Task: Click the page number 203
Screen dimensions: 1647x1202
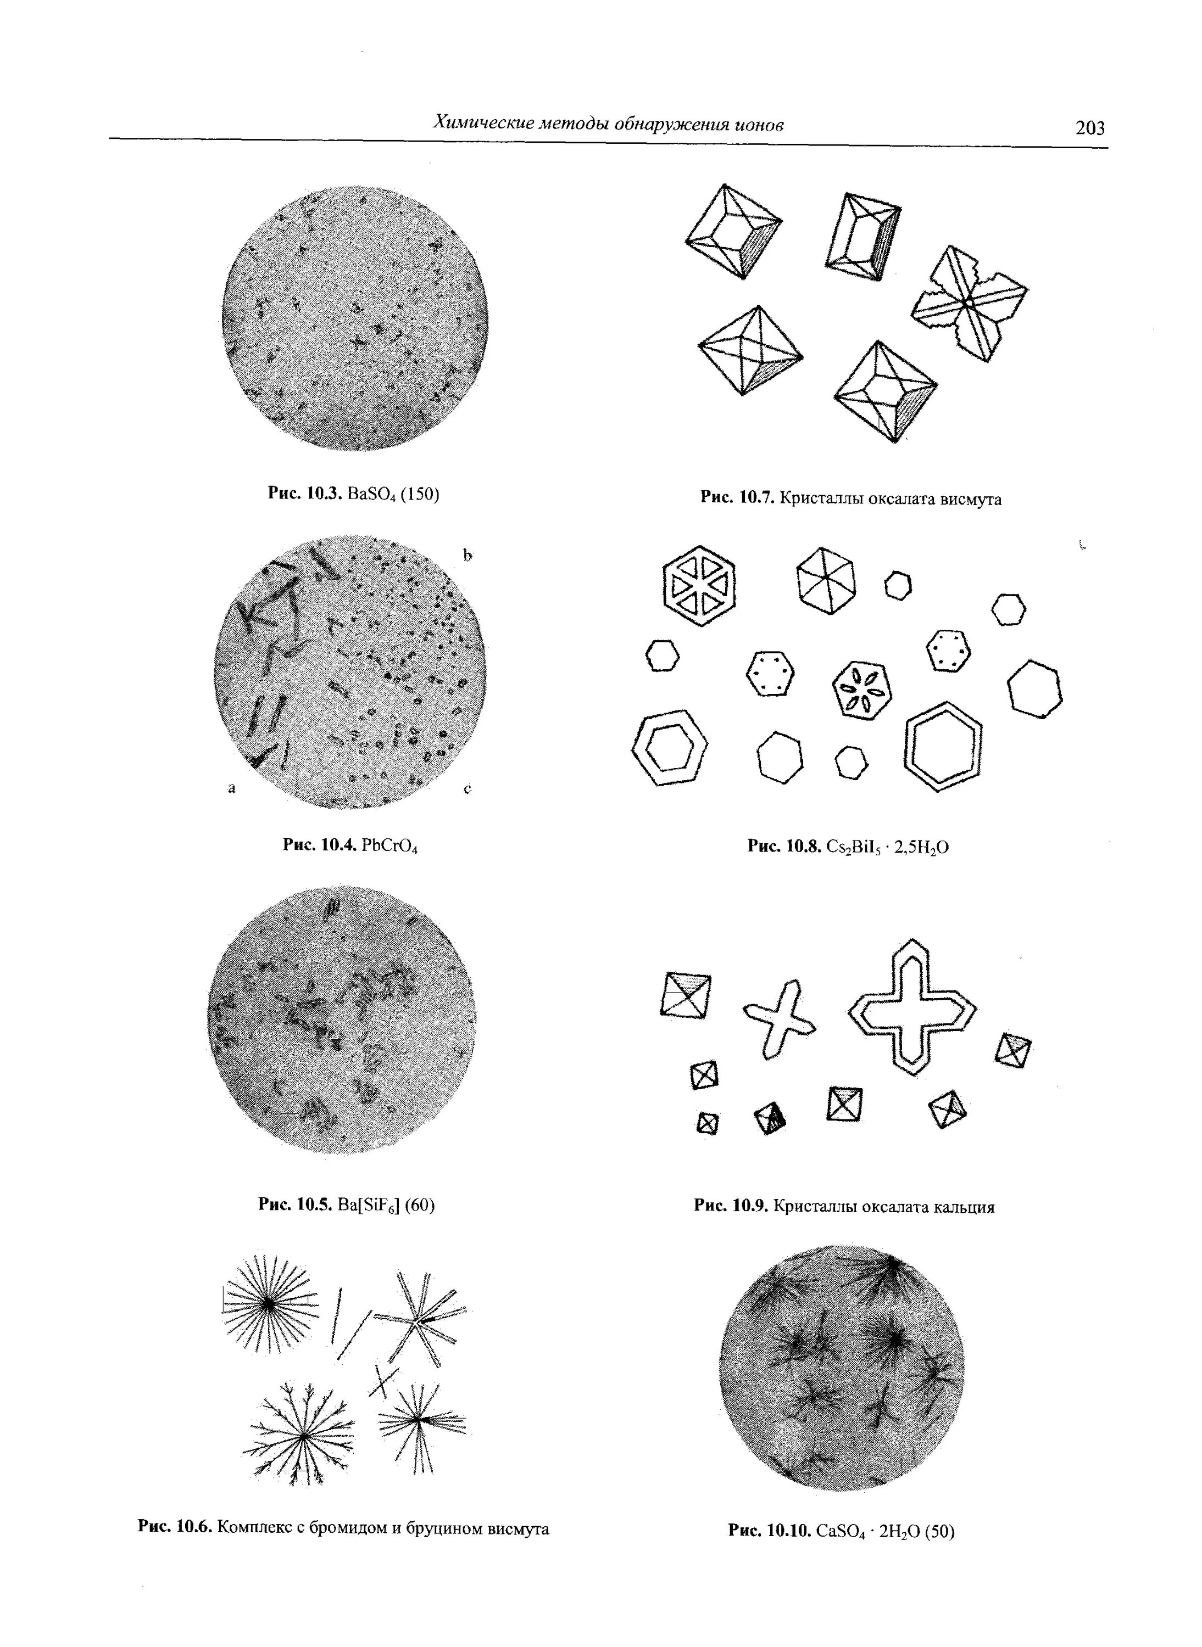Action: (x=1089, y=128)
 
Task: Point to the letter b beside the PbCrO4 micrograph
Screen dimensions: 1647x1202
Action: (x=467, y=556)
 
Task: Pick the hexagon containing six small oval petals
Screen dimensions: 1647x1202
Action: (x=861, y=688)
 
